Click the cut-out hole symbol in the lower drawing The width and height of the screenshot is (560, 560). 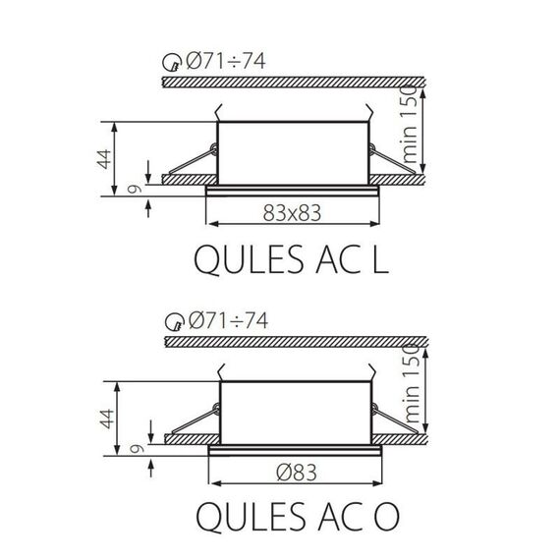click(x=173, y=322)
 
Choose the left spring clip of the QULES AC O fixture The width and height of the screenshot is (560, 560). click(x=193, y=420)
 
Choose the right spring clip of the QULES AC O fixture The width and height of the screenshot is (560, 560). click(x=395, y=420)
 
